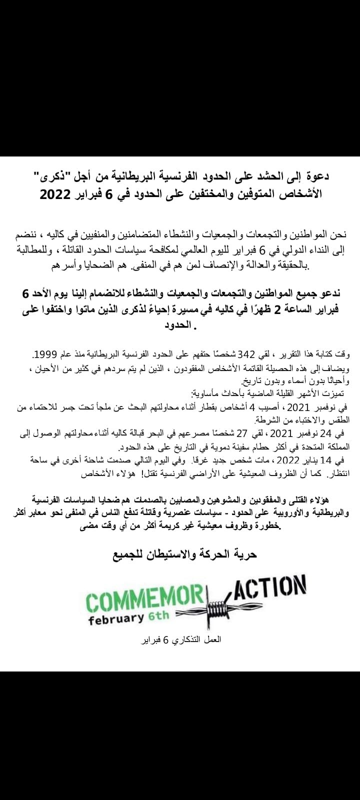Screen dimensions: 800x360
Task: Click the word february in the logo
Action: coord(116,618)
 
